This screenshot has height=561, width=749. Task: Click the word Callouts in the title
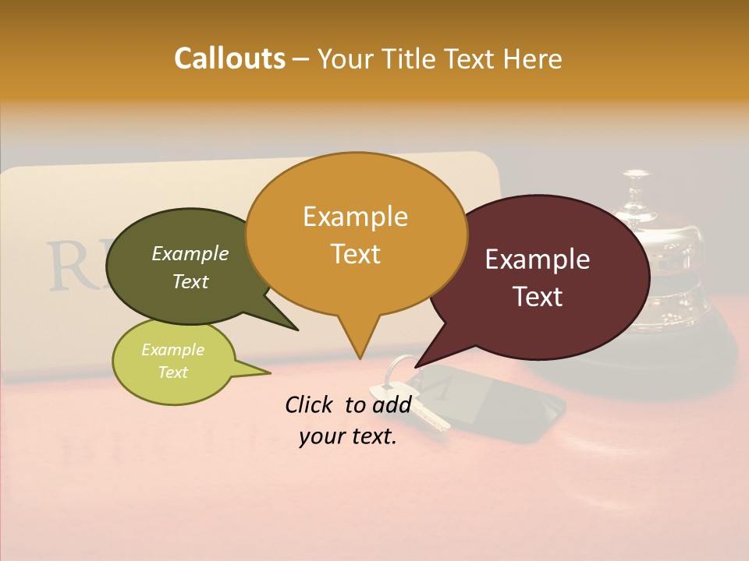[229, 58]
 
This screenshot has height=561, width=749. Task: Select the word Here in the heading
[532, 58]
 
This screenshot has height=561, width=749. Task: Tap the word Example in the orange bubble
[355, 216]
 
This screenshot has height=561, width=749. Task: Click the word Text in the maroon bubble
[538, 297]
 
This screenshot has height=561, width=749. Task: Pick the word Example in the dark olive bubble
[190, 253]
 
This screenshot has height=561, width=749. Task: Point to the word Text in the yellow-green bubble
[172, 372]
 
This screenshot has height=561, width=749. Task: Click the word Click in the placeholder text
[310, 404]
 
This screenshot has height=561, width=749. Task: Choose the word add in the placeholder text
[392, 404]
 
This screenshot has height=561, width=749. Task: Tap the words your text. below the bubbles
[348, 437]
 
